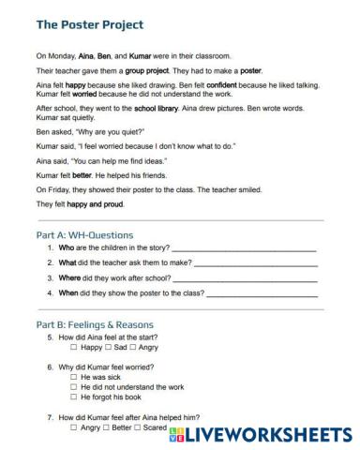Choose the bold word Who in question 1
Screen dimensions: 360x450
[x=66, y=248]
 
